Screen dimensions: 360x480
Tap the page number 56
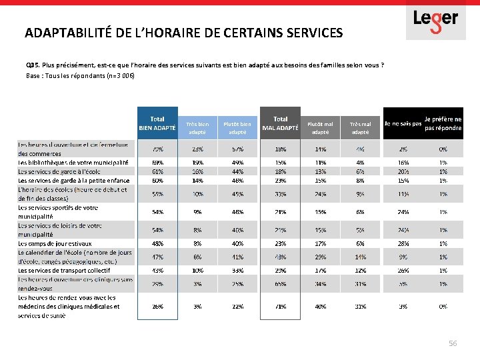coord(453,343)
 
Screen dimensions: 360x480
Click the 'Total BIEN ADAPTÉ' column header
coord(157,123)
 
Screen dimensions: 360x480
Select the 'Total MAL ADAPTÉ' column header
coord(281,123)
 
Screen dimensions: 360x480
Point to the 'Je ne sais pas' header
coord(403,123)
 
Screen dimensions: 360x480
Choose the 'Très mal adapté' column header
coord(361,127)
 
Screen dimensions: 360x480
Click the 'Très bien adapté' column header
coord(198,127)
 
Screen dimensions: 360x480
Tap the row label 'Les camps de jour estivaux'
coord(55,244)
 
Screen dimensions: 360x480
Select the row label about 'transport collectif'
coord(64,271)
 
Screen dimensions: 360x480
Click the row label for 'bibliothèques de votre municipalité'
coord(73,162)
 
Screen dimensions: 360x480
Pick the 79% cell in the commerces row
coord(158,149)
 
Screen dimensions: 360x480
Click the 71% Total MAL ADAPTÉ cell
coord(281,307)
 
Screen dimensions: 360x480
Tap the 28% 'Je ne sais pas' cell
coord(403,244)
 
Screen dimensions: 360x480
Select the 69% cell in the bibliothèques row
coord(158,162)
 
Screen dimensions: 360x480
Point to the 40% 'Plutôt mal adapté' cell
coord(320,307)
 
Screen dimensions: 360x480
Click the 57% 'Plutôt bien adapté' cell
coord(238,149)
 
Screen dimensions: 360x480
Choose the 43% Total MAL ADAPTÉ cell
coord(281,257)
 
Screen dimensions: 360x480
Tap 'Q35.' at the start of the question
coord(32,65)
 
